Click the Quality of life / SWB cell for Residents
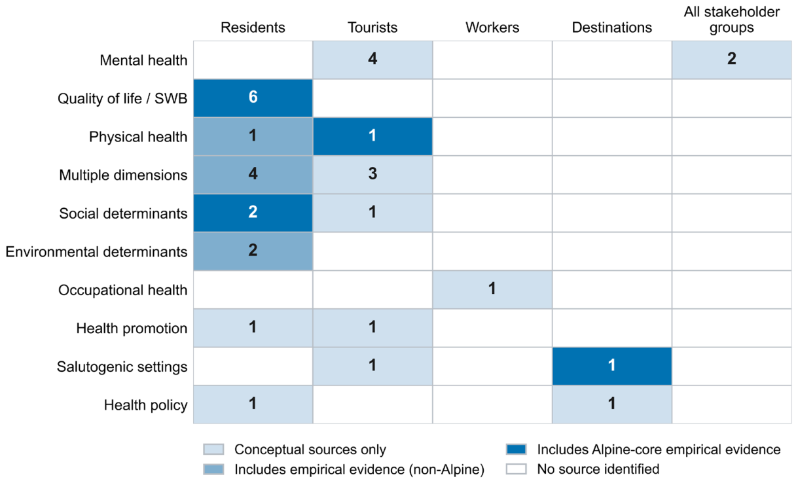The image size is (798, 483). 253,98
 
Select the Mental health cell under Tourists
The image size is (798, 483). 372,60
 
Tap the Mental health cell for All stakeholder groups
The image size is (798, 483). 732,60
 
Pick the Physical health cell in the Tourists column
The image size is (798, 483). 372,136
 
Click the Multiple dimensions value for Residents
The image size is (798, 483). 253,175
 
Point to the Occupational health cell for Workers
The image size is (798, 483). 492,289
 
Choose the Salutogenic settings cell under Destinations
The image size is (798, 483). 612,366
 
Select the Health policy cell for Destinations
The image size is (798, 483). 612,404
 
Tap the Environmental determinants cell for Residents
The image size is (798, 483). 253,251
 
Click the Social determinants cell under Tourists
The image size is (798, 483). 372,213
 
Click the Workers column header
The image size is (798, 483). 492,27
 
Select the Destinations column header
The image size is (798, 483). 612,27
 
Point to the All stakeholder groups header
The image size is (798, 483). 732,20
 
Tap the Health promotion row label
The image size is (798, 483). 132,329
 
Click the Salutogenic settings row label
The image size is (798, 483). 122,367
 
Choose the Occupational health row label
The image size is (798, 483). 122,291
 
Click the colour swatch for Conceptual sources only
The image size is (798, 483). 214,449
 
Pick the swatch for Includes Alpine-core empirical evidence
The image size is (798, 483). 517,449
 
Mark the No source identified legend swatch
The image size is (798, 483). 517,469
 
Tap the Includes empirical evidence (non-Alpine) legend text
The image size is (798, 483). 359,469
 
